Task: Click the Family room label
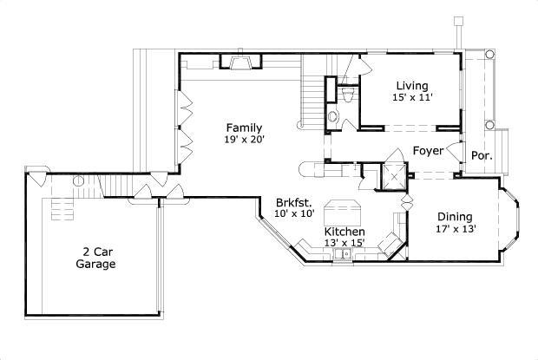(x=244, y=128)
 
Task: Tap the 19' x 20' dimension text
(x=244, y=139)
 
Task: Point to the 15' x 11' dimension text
(x=412, y=97)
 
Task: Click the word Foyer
(x=428, y=151)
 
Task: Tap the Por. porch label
(x=482, y=157)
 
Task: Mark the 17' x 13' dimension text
(x=455, y=229)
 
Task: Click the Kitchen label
(x=344, y=232)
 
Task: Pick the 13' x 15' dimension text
(x=344, y=244)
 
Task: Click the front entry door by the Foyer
(x=453, y=149)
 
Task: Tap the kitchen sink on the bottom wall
(x=344, y=255)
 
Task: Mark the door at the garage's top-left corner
(x=36, y=177)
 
